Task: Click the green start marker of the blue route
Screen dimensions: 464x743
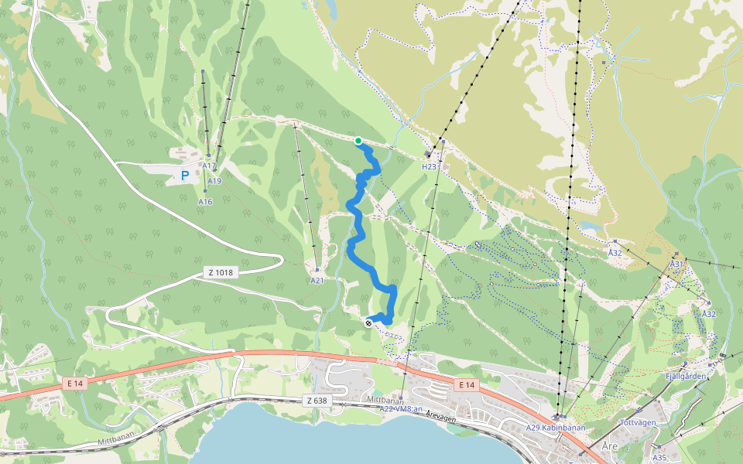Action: point(358,141)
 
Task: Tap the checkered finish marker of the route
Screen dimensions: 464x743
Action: point(369,323)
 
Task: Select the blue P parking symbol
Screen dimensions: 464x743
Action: point(185,176)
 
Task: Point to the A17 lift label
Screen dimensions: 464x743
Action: point(208,165)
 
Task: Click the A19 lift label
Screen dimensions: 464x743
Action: point(214,181)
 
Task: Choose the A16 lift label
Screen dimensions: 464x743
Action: point(205,201)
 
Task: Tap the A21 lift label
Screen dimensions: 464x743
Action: point(317,281)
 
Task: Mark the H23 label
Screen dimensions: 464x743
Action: point(430,166)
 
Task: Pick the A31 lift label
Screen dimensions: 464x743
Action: point(677,264)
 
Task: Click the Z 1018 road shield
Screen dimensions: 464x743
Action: point(221,272)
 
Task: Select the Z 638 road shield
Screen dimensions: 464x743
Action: point(317,401)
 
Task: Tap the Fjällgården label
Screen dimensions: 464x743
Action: point(687,377)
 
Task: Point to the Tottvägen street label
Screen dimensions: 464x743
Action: point(639,422)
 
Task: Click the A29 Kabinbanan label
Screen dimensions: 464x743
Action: point(555,428)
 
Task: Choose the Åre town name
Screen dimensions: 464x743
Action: point(610,447)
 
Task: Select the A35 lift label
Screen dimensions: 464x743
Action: point(659,447)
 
